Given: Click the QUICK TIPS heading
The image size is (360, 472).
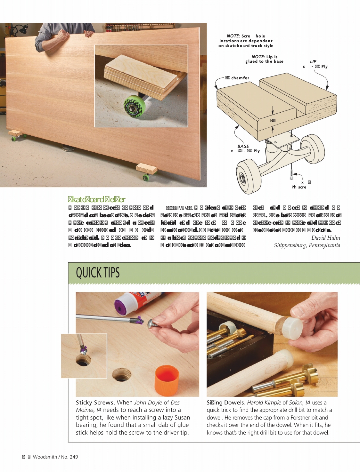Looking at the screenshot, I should click(x=98, y=273).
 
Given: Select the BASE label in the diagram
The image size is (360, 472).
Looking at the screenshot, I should click(x=243, y=146).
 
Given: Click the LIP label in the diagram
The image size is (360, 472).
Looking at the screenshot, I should click(x=313, y=61).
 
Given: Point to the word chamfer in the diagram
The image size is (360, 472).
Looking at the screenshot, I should click(x=240, y=78).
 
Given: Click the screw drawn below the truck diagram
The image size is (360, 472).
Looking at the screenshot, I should click(x=291, y=172).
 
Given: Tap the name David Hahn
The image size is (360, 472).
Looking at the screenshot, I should click(x=325, y=238).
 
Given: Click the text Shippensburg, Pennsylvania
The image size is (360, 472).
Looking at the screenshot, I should click(x=307, y=245).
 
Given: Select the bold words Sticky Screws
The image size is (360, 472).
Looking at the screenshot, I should click(x=95, y=403).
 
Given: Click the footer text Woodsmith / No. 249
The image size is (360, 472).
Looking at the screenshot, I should click(x=55, y=457).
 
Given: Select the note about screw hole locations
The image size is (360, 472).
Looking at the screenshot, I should click(x=246, y=41).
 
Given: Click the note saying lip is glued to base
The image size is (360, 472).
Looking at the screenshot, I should click(x=264, y=59).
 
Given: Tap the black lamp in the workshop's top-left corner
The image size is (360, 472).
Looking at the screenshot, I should click(x=22, y=29).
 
